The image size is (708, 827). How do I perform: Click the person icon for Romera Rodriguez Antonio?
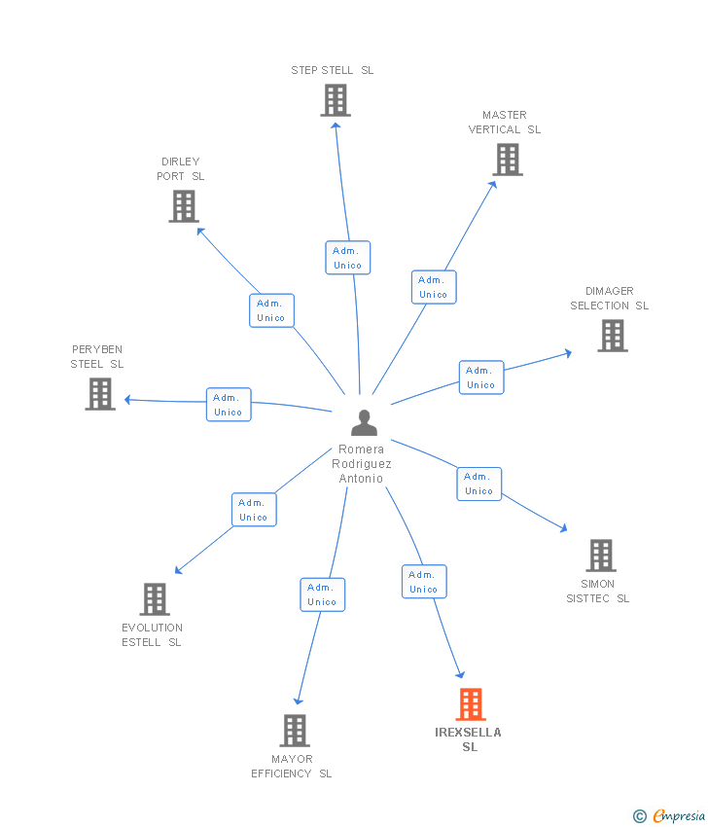pos(365,422)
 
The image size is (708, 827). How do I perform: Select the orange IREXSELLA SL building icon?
pos(471,704)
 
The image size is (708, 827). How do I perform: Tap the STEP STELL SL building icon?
pos(336,100)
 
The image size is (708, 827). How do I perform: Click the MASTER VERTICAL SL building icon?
pos(508,160)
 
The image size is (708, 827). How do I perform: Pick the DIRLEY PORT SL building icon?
pos(184,206)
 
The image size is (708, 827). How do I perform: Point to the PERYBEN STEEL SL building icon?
pos(100,394)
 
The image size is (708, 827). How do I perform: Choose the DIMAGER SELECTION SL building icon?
pos(613,336)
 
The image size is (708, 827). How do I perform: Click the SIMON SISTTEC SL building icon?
pos(601,556)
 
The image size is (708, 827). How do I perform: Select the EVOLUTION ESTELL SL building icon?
pos(155,599)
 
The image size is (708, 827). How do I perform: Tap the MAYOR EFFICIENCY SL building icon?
pos(295,731)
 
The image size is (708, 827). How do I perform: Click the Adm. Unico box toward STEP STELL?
pos(348,258)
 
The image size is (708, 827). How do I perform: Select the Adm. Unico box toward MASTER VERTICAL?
pos(434,287)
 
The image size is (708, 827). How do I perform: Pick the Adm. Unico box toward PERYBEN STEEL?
pos(229,405)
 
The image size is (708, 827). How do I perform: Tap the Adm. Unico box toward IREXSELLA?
pos(424,582)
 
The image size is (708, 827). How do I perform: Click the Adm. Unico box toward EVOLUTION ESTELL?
pos(254,510)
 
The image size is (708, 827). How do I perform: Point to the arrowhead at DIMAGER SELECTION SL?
pos(568,353)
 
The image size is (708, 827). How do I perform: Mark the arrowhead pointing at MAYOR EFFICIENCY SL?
pos(299,701)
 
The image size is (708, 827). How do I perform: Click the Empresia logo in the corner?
pos(669,816)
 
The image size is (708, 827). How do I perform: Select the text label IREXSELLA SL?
pos(468,739)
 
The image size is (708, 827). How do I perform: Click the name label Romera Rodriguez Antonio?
pos(362,463)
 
